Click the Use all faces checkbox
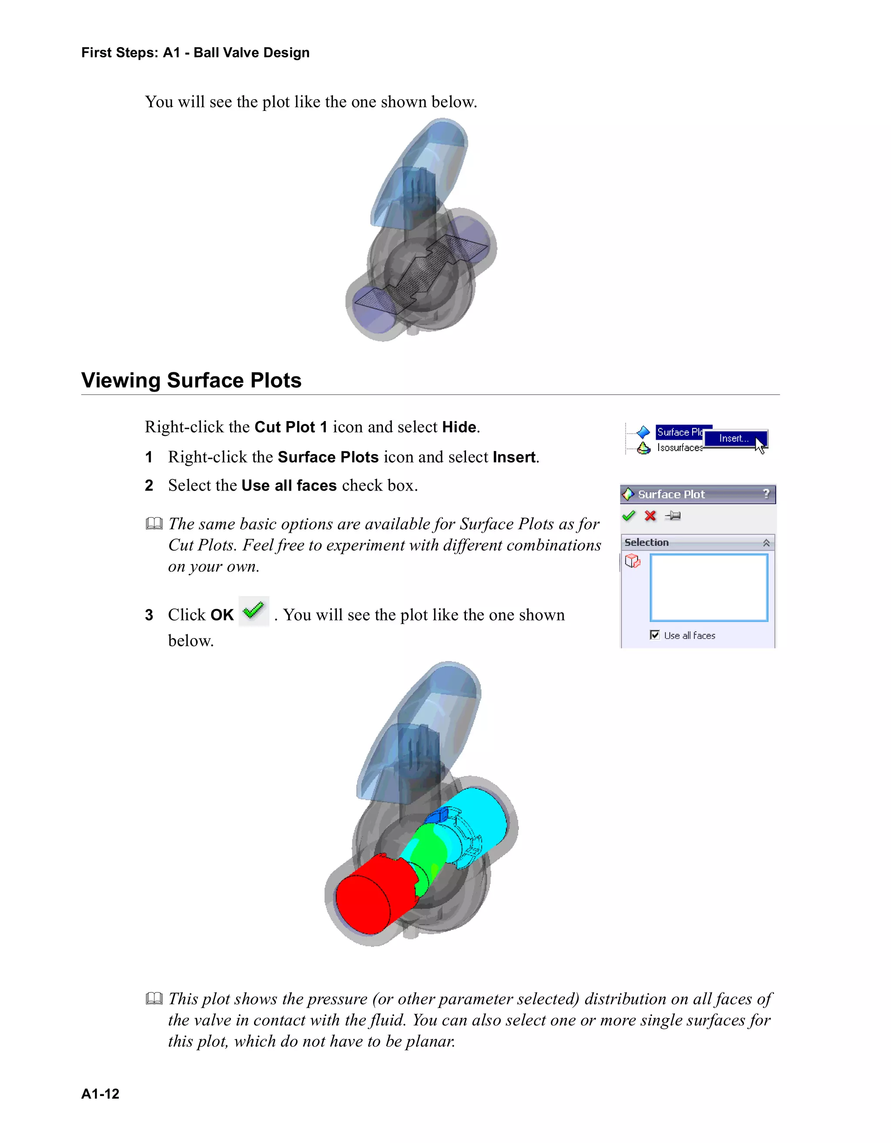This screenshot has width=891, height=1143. click(x=654, y=635)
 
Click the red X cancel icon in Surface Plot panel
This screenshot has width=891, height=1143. click(x=650, y=516)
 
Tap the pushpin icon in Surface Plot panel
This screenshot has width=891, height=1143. click(x=673, y=516)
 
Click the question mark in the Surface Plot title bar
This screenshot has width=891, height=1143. click(x=766, y=494)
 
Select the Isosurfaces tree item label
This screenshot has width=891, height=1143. click(x=680, y=448)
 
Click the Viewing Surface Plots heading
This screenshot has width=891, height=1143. click(x=191, y=381)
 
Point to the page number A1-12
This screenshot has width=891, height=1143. click(x=100, y=1094)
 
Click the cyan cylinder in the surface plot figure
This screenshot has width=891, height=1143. click(x=482, y=816)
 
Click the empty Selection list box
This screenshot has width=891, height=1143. click(x=709, y=588)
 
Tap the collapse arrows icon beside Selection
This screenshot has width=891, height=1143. click(x=766, y=543)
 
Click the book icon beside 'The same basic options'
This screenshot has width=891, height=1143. click(x=154, y=523)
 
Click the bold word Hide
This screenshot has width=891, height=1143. click(x=459, y=427)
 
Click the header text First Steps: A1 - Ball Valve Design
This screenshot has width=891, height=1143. click(x=195, y=53)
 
